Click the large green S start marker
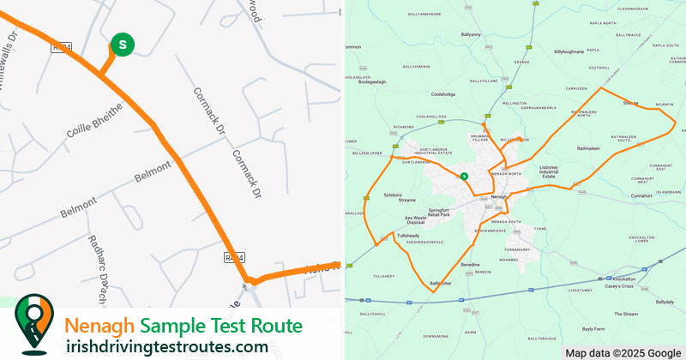(123, 44)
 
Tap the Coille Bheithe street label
(95, 123)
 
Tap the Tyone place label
(539, 229)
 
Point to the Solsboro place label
(400, 195)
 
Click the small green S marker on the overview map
(464, 176)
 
